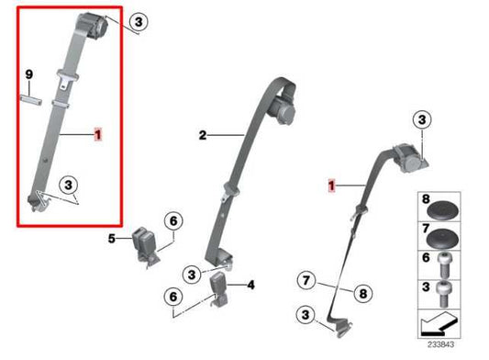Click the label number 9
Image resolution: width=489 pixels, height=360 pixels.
[x=28, y=73]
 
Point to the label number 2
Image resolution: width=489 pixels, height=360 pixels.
[x=202, y=135]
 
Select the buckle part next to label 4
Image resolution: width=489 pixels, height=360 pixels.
[x=223, y=288]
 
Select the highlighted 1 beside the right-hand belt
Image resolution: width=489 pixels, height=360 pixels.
[x=335, y=186]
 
